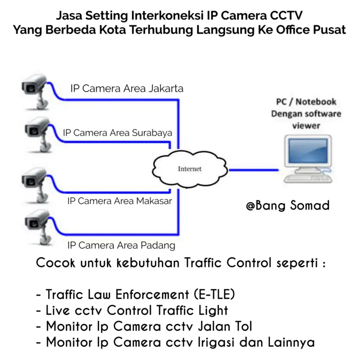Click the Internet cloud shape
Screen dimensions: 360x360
[190, 169]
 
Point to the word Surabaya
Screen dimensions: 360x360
[152, 132]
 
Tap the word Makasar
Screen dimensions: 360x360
[154, 201]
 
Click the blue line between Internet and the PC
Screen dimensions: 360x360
[253, 169]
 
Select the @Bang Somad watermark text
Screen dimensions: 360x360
[288, 206]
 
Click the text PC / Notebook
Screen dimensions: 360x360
[306, 102]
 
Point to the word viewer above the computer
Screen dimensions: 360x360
[306, 126]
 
